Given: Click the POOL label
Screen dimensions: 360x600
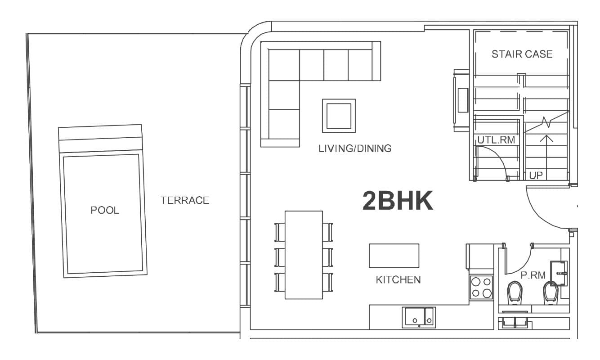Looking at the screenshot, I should pos(105,210).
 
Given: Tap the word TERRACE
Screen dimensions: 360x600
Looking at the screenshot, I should pos(185,200).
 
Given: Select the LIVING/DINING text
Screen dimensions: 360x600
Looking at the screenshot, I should pos(355,148).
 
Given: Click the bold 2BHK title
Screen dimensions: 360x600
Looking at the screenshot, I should pos(398,201).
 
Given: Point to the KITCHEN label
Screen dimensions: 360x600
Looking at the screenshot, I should pos(398,279).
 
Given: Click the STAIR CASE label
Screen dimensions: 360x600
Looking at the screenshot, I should pos(522,54).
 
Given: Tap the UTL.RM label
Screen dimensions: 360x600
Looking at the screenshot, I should pos(496,140).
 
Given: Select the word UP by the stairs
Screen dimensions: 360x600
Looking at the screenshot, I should pos(536,175).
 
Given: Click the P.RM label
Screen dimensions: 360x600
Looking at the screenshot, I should pos(533,275).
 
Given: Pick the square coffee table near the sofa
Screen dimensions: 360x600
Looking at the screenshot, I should pos(339,116).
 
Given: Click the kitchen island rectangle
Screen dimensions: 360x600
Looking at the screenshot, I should pos(394,256).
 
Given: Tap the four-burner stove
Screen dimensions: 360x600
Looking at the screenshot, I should pos(481,287).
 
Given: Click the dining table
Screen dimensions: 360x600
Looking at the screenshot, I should pos(304,255).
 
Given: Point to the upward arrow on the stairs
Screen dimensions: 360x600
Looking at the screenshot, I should pos(547,144).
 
